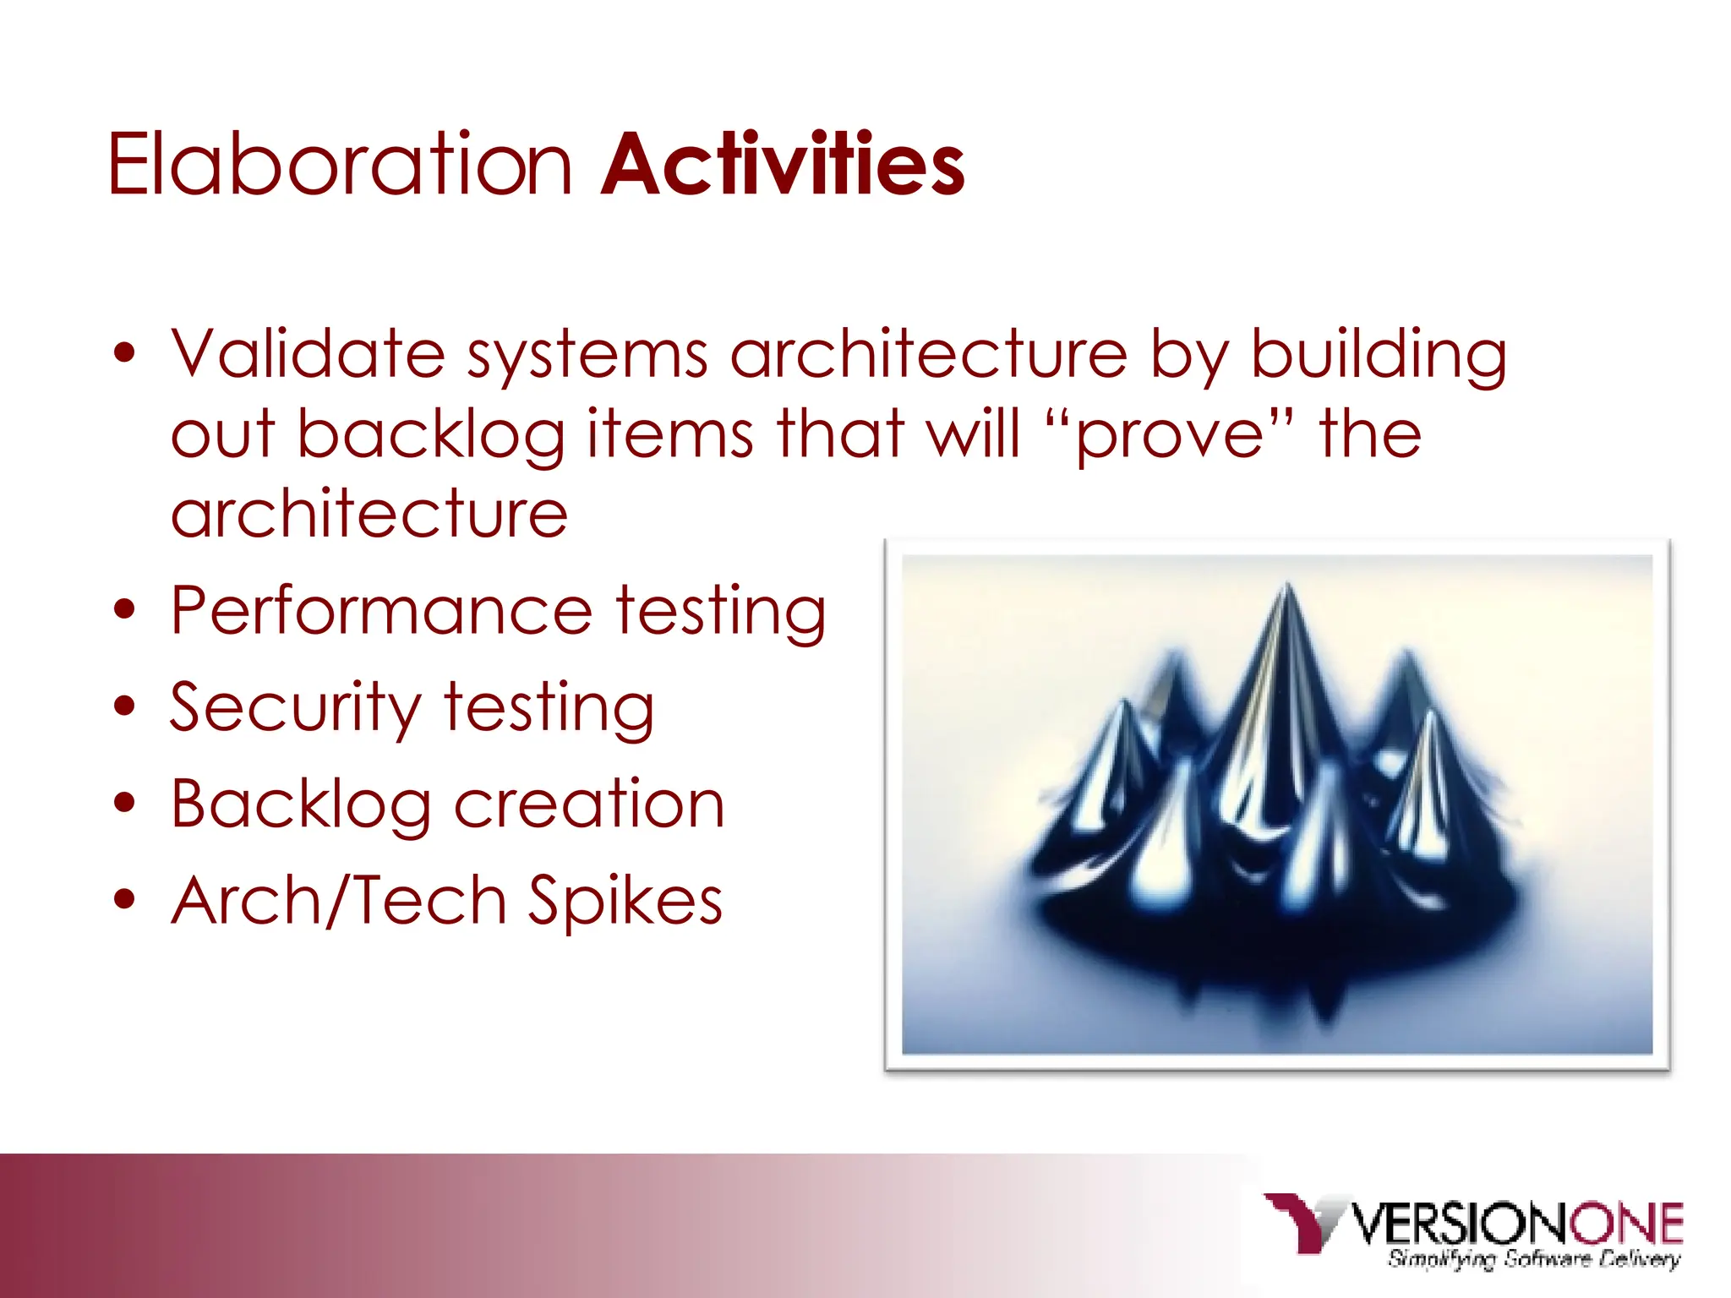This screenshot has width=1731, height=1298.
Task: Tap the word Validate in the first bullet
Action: pyautogui.click(x=308, y=353)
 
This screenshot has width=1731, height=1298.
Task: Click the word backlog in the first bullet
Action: pyautogui.click(x=431, y=435)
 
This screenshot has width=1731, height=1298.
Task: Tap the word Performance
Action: pyautogui.click(x=381, y=611)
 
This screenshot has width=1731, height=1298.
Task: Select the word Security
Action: pyautogui.click(x=295, y=708)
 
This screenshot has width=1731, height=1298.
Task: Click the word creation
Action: pyautogui.click(x=589, y=804)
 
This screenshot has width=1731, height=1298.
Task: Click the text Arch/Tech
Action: pyautogui.click(x=339, y=901)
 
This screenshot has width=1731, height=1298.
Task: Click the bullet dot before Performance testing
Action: pyautogui.click(x=124, y=610)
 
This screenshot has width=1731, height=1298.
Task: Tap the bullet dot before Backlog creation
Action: pyautogui.click(x=124, y=804)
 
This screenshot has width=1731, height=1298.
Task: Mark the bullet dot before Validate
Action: pyautogui.click(x=124, y=353)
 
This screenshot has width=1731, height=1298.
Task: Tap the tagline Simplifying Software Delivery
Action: pyautogui.click(x=1533, y=1259)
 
